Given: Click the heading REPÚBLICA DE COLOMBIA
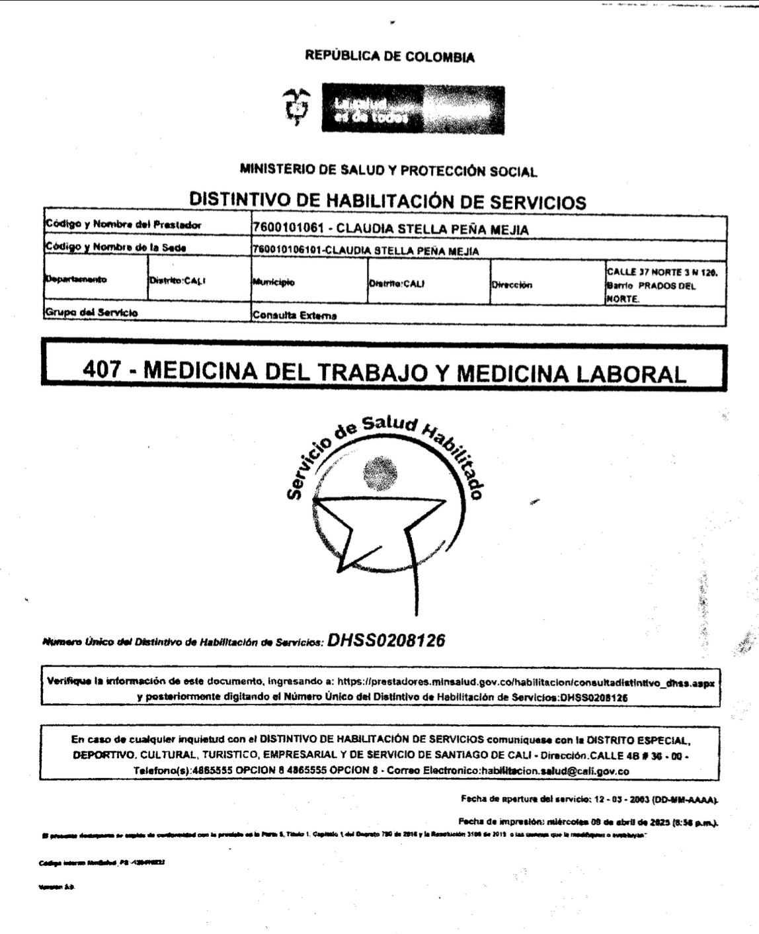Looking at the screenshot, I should click(x=389, y=57).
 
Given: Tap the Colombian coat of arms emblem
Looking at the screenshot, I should click(x=296, y=108).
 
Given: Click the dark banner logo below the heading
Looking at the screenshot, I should click(x=413, y=109).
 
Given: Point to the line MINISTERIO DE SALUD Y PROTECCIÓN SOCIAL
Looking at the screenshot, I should click(x=388, y=171).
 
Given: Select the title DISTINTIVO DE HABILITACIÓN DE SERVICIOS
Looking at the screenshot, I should click(x=387, y=200).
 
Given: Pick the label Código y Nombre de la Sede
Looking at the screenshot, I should click(x=116, y=247).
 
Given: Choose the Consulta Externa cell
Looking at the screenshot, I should click(x=294, y=316).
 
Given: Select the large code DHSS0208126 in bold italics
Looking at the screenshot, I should click(x=386, y=640).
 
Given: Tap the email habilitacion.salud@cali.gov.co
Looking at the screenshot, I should click(x=555, y=771).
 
